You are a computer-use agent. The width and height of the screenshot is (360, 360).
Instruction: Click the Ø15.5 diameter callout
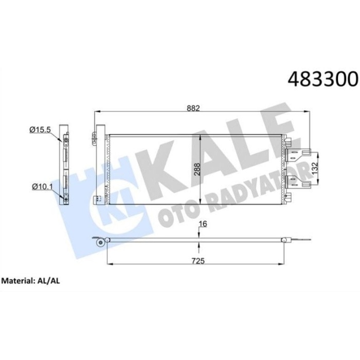41,130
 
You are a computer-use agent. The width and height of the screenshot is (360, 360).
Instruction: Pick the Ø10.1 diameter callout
41,186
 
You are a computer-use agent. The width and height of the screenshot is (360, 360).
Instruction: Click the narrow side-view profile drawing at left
64,164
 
